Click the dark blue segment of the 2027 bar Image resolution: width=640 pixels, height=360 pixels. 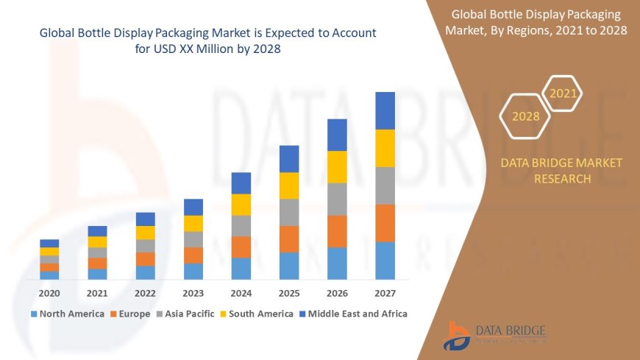pos(385,110)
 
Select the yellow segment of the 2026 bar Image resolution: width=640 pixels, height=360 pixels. pos(337,166)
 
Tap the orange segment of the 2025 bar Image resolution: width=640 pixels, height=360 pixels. pos(289,239)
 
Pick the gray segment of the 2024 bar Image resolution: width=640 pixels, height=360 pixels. pos(241,225)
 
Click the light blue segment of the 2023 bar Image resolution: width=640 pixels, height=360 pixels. pos(193,271)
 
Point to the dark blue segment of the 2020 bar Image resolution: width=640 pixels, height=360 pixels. pos(49,243)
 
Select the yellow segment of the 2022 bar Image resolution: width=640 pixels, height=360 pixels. pos(145,233)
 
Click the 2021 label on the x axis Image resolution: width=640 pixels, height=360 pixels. pos(97,293)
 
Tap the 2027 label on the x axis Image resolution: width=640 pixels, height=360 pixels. pos(385,293)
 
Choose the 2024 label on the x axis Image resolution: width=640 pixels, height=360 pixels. pos(241,293)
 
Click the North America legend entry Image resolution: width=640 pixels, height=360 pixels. pos(67,314)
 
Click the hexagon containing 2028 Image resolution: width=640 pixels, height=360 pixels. pos(525,116)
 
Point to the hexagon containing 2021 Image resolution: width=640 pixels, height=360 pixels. pos(563,93)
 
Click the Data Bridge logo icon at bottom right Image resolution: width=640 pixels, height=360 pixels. pos(457,336)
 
